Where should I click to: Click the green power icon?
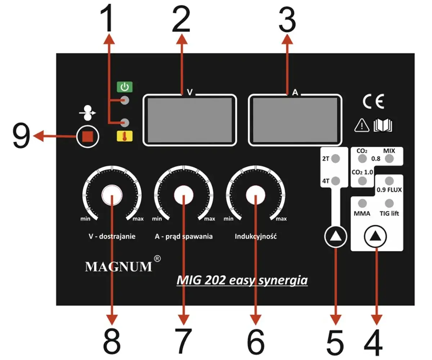[x=124, y=87]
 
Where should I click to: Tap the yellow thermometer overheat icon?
[x=124, y=136]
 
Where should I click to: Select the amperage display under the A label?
[x=295, y=120]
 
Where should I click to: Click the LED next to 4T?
[x=336, y=181]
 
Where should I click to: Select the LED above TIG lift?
[x=389, y=202]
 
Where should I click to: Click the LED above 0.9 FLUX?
[x=389, y=180]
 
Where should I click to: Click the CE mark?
[x=373, y=102]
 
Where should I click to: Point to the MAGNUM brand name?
[x=118, y=267]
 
